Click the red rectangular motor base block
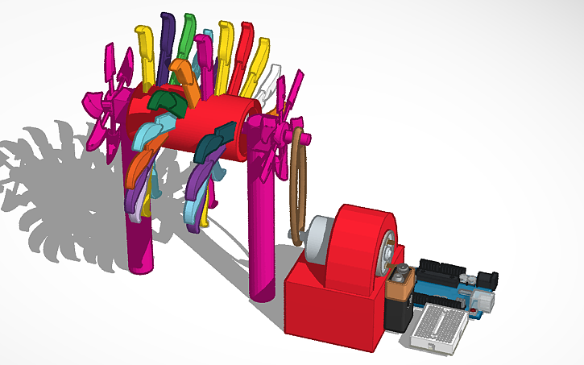(330, 314)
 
